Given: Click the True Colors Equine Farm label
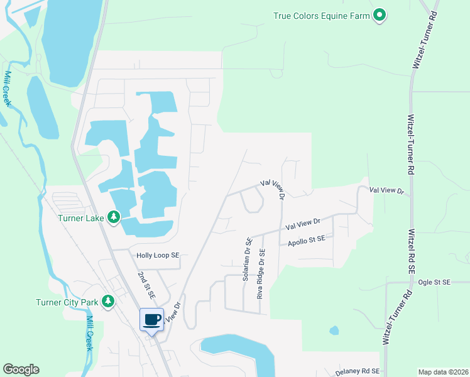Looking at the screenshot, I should pos(322,15).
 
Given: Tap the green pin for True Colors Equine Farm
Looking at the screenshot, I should pos(379,14).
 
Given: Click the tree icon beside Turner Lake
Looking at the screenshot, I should pos(113,217).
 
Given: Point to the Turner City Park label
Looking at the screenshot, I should pos(66,302).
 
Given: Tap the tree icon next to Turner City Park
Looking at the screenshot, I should pos(108,302).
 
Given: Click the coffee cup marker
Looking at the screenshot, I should pos(151,320).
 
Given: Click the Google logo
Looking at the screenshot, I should pos(21,369).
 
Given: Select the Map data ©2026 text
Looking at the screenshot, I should pos(443,372).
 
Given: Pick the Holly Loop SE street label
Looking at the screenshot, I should pos(158,256).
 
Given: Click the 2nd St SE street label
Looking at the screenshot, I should pos(146,285).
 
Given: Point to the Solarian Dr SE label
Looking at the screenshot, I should pos(249,258).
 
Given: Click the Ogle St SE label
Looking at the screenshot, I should pos(434,283).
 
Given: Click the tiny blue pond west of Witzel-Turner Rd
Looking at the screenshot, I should pos(334,330).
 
